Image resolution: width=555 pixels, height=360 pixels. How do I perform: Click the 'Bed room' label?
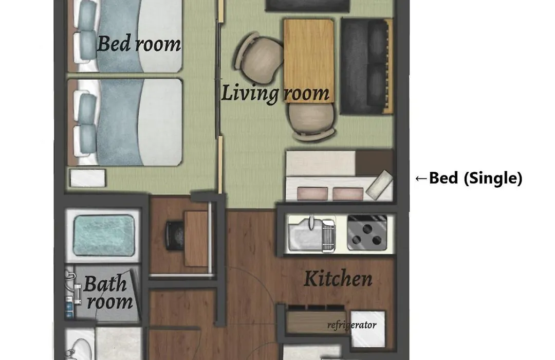pos(139,44)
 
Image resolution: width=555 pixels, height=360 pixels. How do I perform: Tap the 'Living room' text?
pos(275,93)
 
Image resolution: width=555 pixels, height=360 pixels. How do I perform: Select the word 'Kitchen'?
pos(338,279)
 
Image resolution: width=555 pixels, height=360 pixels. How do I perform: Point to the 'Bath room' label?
pos(108,292)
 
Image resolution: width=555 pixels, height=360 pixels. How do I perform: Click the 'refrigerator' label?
pos(352,325)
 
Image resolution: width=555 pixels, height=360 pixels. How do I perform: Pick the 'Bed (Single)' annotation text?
pos(475,178)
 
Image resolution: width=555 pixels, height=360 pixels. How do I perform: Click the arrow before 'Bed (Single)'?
pos(421,178)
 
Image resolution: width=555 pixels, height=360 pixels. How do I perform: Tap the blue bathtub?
pos(104,235)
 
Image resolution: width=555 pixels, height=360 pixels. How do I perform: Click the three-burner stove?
pos(367,232)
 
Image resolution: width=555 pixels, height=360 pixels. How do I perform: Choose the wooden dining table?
pos(309,61)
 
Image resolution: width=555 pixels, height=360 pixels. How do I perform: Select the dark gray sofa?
pos(366,66)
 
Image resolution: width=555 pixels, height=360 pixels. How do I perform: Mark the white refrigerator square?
pos(368,329)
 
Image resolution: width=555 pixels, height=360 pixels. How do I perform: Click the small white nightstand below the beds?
pos(88,178)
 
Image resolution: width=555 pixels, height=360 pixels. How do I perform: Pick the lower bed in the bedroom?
pos(124,122)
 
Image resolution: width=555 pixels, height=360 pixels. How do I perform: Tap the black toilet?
pos(175,236)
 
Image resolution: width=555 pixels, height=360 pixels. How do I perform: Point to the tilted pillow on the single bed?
pos(379,185)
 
